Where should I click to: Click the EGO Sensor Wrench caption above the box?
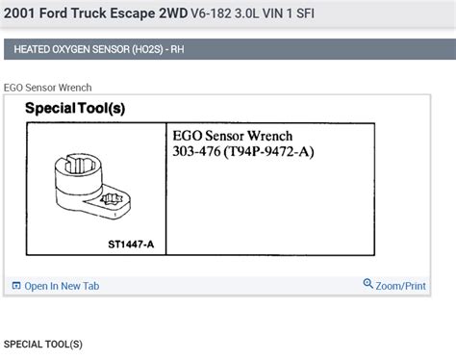(49, 88)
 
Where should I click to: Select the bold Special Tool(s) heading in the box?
(74, 108)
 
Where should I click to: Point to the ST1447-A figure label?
(130, 244)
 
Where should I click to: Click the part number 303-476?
(195, 151)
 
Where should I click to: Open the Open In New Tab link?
(61, 285)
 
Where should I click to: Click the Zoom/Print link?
(400, 285)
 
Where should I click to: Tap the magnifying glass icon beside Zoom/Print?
(368, 284)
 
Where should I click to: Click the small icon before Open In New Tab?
(15, 285)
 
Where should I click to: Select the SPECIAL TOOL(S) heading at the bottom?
(43, 344)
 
